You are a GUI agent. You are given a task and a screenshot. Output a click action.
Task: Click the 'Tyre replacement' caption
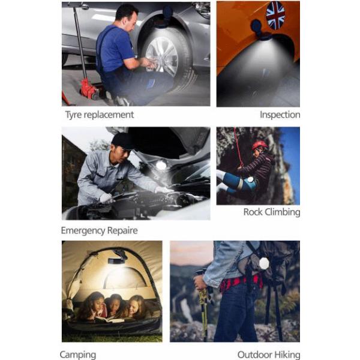[x=100, y=115]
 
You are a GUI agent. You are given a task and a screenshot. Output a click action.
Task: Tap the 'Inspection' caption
[x=280, y=115]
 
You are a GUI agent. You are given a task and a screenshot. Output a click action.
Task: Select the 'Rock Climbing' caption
[x=272, y=212]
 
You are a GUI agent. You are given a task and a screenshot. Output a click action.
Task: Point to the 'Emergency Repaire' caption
[x=100, y=230]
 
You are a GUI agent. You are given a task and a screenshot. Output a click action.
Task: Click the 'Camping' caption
[x=78, y=355]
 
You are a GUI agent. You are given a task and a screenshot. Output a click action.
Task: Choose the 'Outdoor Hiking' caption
[x=269, y=355]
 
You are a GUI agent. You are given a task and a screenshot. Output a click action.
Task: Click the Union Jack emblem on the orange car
[x=275, y=15]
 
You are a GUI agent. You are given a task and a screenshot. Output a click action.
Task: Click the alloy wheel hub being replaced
[x=162, y=57]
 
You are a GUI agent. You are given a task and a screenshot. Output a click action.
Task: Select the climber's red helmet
[x=260, y=145]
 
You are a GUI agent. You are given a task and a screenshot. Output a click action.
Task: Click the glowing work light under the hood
[x=161, y=165]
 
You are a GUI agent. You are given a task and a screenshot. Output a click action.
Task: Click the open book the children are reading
[x=110, y=319]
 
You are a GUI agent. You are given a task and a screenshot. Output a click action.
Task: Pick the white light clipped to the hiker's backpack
[x=263, y=264]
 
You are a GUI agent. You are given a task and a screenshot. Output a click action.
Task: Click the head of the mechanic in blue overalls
[x=127, y=16]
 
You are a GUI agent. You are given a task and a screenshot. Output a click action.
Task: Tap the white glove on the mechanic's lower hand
[x=106, y=199]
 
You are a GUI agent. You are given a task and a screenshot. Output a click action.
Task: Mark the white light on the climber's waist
[x=250, y=179]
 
